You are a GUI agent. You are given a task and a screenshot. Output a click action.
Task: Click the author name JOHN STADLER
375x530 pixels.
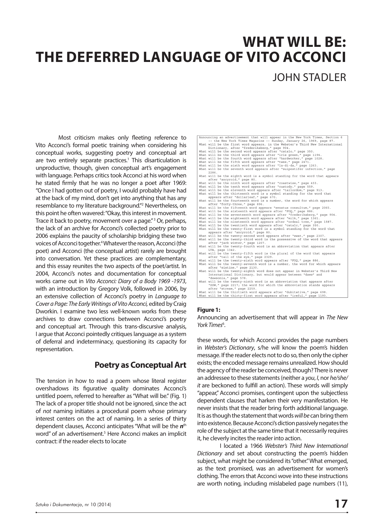pos(309,77)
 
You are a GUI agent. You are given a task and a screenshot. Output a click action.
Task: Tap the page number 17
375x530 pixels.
pos(341,504)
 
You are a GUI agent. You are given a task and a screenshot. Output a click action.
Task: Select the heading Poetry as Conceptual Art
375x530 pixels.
pos(140,365)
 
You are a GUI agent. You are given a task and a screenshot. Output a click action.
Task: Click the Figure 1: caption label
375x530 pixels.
pos(209,310)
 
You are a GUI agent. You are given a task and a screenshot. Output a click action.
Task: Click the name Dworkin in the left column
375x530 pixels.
pos(45,312)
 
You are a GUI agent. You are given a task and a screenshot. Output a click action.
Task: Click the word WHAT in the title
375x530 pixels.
pos(263,42)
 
